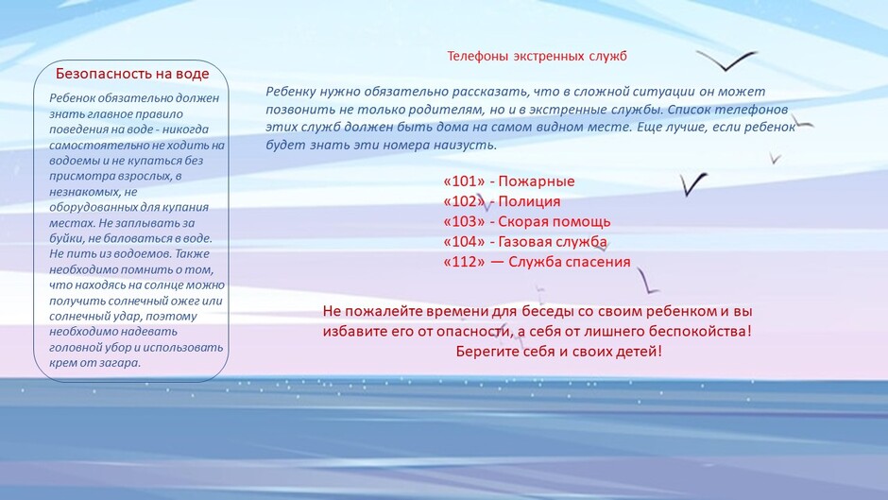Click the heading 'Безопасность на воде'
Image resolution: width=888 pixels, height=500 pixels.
coord(132,74)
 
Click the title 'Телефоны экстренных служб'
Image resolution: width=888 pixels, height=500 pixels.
coord(537,56)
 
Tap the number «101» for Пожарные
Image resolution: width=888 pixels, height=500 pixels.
coord(465,181)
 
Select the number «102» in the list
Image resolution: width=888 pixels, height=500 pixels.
coord(465,201)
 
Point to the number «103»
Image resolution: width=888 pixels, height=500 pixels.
coord(465,221)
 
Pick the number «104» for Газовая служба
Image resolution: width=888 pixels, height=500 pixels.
coord(465,242)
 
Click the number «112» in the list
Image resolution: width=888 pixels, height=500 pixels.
coord(465,261)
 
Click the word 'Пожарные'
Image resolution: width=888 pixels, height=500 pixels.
coord(537,181)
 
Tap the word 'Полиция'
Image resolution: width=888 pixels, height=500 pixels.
coord(529,202)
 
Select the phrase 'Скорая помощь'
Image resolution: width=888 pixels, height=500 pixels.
coord(554,222)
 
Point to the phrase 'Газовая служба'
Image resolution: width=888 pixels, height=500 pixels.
coord(553,242)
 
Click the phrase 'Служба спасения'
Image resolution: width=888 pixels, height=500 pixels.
coord(569,262)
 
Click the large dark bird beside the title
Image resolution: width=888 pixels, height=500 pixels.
coord(726,60)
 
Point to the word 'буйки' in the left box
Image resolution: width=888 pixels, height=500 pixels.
coord(66,239)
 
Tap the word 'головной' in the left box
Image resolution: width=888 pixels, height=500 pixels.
coord(73,348)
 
